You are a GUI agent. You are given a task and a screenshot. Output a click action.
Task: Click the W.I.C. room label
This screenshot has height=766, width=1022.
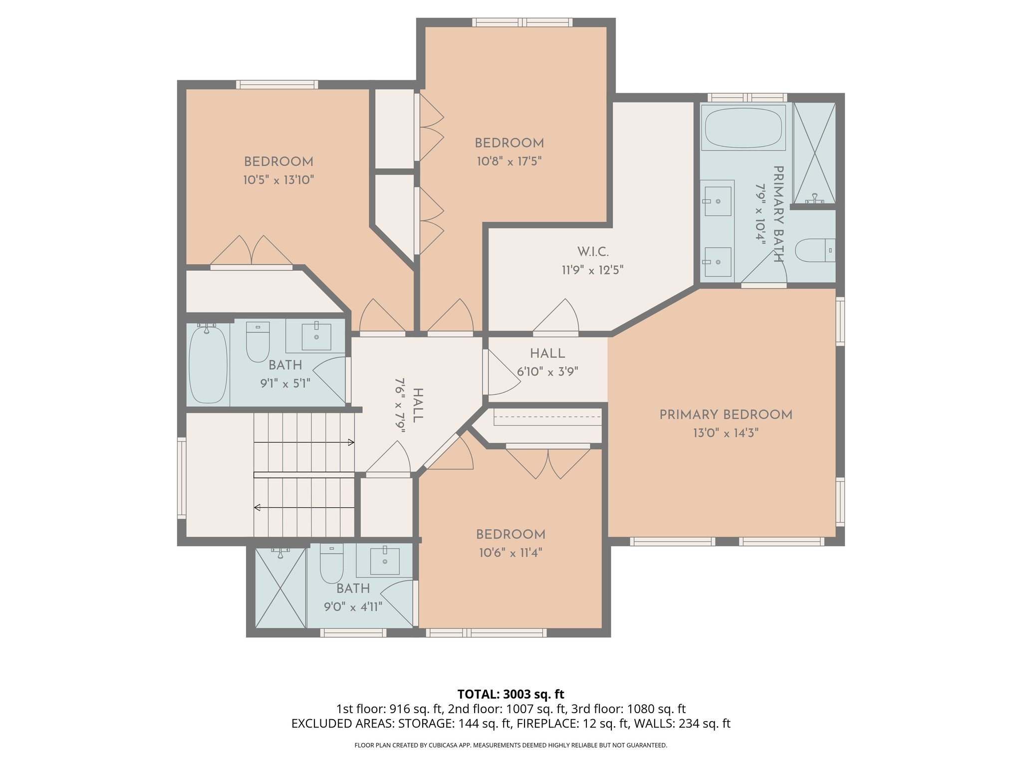pos(592,251)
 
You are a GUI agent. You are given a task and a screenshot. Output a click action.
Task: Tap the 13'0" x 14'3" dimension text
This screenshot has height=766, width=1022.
pos(726,433)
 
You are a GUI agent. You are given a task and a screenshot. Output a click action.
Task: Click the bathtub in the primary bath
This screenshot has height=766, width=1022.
pos(743,128)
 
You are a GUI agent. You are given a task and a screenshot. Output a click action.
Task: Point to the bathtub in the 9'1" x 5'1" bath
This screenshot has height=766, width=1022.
pos(208,365)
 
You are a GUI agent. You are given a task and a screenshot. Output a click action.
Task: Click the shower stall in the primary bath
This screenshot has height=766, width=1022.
pos(814,152)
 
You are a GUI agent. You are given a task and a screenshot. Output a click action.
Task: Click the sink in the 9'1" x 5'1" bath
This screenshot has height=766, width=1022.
pos(316,337)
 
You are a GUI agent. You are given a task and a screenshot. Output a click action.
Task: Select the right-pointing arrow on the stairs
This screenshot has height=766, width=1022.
pos(351,442)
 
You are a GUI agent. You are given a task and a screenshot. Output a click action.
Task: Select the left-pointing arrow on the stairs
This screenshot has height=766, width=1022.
pos(257,508)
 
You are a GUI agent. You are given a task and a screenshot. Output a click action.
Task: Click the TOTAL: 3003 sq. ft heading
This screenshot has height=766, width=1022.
pos(511,694)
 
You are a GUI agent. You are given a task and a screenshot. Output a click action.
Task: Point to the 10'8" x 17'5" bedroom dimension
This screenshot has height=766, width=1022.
pos(509,161)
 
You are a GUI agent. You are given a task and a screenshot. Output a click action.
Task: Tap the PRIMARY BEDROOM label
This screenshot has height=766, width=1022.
pos(726,414)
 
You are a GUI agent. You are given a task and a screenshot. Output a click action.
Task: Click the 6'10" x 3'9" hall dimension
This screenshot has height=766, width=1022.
pos(547,372)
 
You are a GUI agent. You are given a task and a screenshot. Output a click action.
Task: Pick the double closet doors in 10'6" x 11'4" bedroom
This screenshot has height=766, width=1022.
pos(548,462)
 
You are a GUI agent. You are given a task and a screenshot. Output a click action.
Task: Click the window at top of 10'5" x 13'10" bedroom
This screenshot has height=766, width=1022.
pos(277,85)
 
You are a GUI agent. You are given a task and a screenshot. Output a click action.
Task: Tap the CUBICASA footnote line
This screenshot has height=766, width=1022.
pos(511,745)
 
